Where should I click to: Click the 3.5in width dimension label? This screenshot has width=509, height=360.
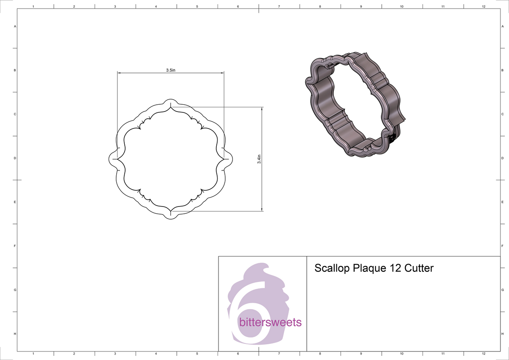[x=170, y=70]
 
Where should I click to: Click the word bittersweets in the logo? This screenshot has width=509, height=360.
[x=270, y=322]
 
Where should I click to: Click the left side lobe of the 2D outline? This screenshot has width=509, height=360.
[x=112, y=158]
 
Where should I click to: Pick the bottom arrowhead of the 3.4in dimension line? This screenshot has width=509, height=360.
[x=262, y=208]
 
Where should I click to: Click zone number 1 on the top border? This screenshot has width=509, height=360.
[x=33, y=6]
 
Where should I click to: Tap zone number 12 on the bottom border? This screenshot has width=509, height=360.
[x=484, y=353]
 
